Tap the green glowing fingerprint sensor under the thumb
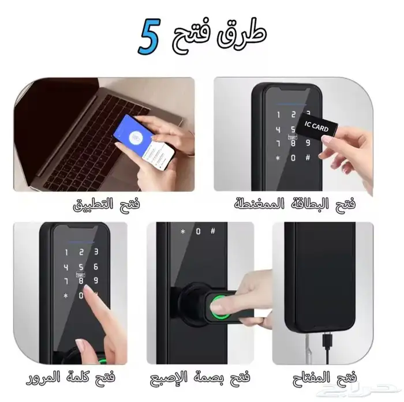(x=222, y=305)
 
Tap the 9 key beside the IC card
(x=307, y=142)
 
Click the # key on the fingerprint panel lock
(x=212, y=232)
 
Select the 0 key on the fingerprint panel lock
(x=198, y=232)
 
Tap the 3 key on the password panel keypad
(x=96, y=252)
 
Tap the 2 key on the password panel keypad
(x=81, y=252)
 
